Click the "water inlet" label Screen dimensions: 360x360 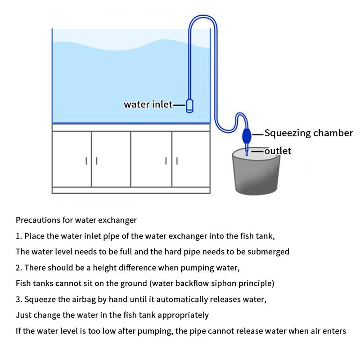pyautogui.click(x=148, y=104)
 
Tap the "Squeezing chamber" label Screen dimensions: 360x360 pyautogui.click(x=308, y=133)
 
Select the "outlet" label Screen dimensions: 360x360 pyautogui.click(x=278, y=151)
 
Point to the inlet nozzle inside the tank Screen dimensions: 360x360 pyautogui.click(x=189, y=106)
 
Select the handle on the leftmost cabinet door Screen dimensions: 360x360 pyautogui.click(x=86, y=160)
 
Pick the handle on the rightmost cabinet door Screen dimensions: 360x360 pyautogui.click(x=177, y=160)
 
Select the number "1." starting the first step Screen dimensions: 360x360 pyautogui.click(x=19, y=236)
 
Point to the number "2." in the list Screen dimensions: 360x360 pyautogui.click(x=19, y=268)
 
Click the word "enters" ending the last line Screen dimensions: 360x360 pyautogui.click(x=334, y=331)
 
